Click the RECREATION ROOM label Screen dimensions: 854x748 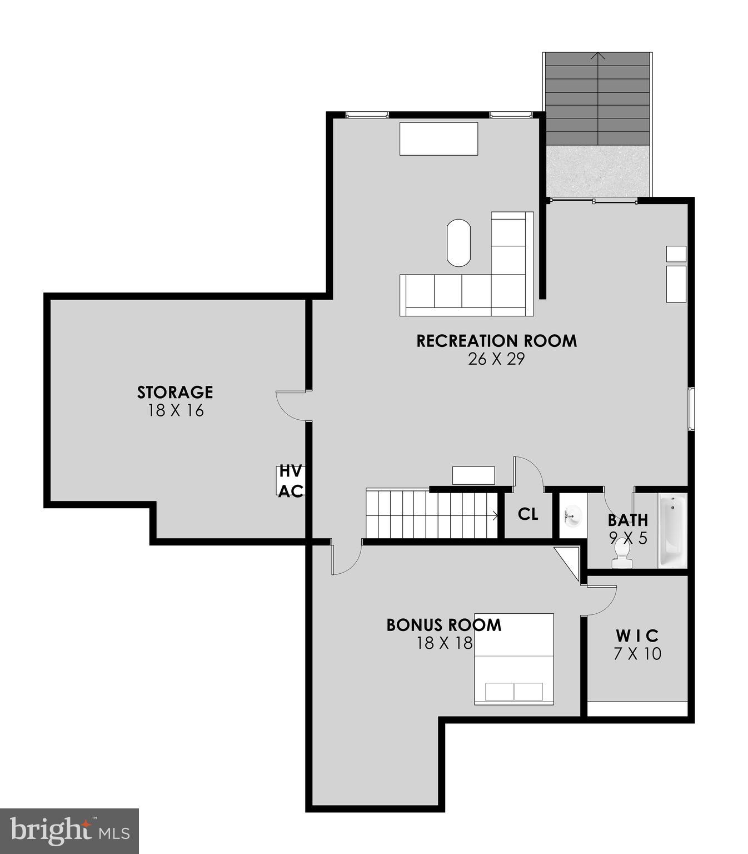coord(496,340)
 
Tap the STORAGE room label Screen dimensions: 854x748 coord(175,392)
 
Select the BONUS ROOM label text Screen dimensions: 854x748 coord(443,625)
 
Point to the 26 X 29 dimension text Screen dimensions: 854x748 coord(496,359)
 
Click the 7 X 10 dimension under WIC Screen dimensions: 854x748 coord(637,654)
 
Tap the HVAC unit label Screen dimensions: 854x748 coord(291,481)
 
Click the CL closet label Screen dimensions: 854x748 coord(527,514)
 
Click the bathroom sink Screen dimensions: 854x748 coord(571,515)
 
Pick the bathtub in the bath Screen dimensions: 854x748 coord(672,531)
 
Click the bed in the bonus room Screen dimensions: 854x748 coord(514,659)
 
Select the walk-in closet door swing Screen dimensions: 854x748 coord(601,599)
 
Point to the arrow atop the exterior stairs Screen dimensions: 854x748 coord(597,56)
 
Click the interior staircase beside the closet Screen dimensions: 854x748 coord(431,514)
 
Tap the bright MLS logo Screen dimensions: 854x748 coord(69,831)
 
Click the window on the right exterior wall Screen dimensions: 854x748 coord(691,409)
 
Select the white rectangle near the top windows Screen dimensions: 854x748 coord(438,138)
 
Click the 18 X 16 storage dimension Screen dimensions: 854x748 coord(175,411)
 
